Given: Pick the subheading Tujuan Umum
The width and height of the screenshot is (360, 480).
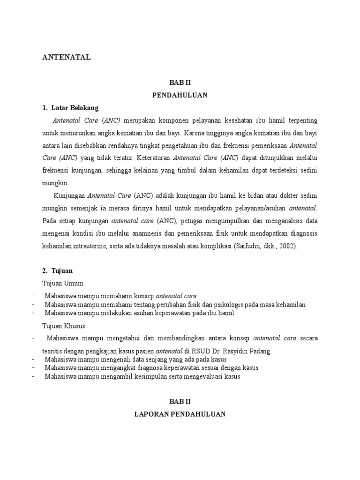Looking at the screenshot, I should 63,283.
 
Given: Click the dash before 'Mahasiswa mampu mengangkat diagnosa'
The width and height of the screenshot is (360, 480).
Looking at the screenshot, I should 34,368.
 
